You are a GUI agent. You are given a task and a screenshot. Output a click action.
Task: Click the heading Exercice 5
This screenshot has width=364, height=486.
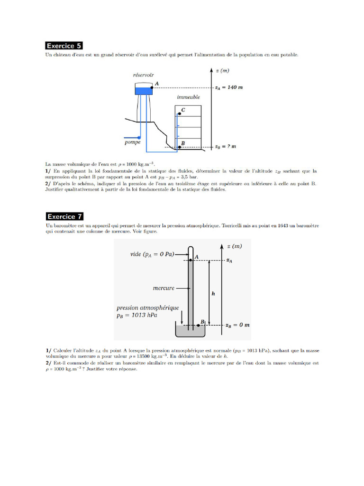[64, 46]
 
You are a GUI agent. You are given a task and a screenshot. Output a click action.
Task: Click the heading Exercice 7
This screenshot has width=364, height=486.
[64, 216]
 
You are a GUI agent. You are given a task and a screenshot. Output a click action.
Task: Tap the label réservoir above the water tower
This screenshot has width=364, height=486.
[143, 75]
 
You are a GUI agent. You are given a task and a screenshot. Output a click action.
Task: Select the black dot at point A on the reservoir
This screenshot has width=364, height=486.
[152, 88]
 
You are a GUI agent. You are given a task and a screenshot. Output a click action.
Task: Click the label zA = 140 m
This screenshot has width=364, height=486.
[229, 88]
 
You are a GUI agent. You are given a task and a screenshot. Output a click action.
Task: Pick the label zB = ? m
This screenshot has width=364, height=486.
[226, 147]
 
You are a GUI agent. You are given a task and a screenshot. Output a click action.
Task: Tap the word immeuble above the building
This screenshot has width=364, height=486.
[188, 97]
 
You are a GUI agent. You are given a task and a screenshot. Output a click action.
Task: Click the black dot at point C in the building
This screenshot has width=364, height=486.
[180, 113]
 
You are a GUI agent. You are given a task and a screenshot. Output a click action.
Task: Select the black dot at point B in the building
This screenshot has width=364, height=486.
[180, 147]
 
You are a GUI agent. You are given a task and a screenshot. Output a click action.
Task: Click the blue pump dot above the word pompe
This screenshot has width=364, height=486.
[139, 137]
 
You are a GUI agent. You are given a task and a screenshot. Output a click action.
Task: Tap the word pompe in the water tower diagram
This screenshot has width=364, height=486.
[132, 142]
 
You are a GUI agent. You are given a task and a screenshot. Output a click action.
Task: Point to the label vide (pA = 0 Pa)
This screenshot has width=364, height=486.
[152, 254]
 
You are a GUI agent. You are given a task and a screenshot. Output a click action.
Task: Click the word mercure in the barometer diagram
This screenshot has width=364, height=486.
[164, 288]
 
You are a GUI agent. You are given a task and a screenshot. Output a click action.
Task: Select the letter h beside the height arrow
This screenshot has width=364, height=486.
[213, 294]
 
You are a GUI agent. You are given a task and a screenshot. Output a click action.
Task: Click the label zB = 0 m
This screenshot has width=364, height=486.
[238, 325]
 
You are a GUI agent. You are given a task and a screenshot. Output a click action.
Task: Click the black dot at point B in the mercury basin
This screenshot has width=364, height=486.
[198, 325]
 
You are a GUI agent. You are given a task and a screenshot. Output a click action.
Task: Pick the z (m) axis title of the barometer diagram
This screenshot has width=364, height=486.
[235, 246]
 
